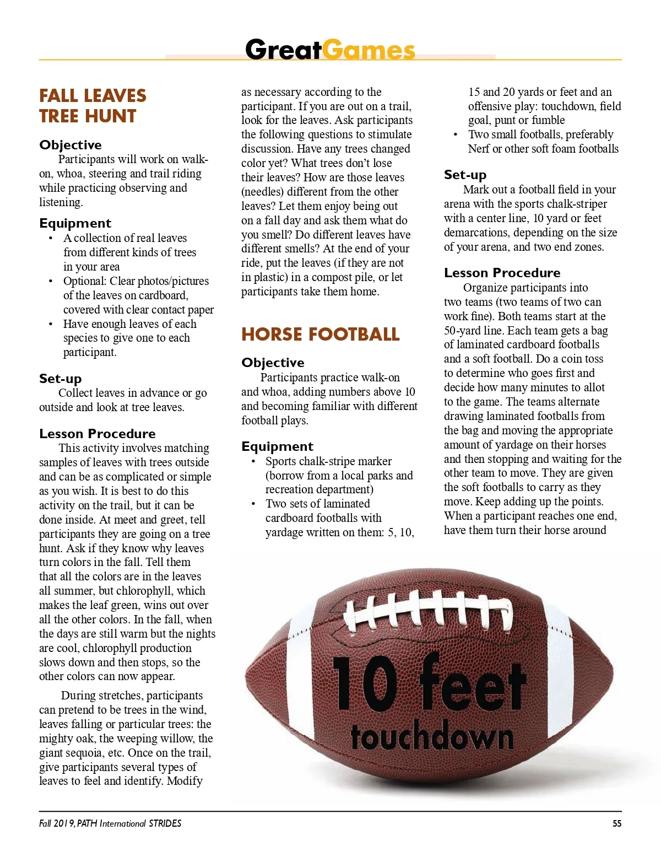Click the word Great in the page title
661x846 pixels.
point(283,50)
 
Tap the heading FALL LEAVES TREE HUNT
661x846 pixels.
point(93,106)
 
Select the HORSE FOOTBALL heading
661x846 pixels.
point(321,334)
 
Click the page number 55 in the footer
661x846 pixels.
point(617,823)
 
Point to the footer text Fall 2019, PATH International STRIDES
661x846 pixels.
point(110,823)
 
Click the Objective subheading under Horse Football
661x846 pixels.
point(273,363)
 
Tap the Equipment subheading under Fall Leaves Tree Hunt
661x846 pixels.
point(75,223)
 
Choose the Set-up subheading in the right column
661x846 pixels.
point(465,175)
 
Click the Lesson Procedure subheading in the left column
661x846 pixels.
point(97,434)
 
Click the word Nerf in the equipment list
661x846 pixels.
point(479,149)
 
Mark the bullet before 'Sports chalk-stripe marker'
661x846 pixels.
point(253,461)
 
